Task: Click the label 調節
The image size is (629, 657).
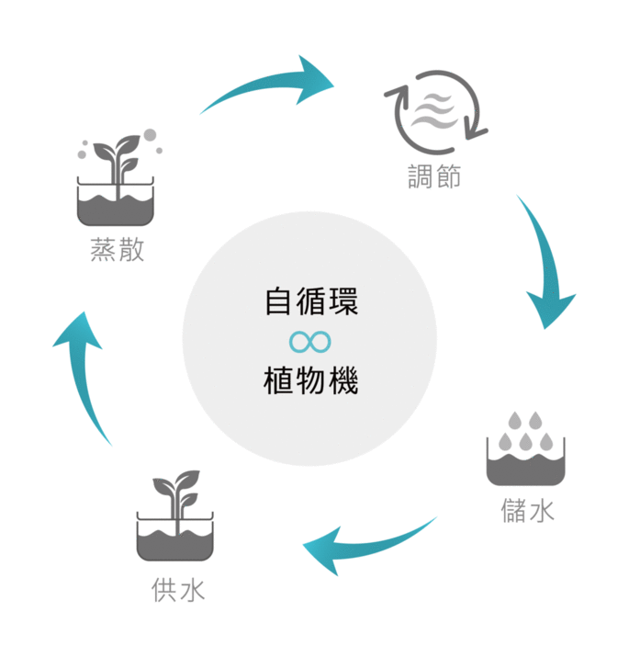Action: click(x=434, y=176)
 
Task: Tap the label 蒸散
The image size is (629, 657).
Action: click(x=118, y=248)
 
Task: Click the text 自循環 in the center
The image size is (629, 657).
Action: click(x=310, y=301)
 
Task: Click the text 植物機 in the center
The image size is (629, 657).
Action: click(x=310, y=379)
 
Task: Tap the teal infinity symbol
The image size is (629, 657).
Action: click(x=309, y=341)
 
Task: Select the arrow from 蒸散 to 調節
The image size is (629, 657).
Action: click(x=275, y=85)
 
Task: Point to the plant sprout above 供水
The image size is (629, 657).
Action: click(x=176, y=495)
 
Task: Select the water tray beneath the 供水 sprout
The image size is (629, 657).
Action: click(x=175, y=542)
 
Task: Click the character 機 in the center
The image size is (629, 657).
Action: click(x=343, y=379)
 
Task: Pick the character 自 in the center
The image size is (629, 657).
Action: click(x=277, y=301)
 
